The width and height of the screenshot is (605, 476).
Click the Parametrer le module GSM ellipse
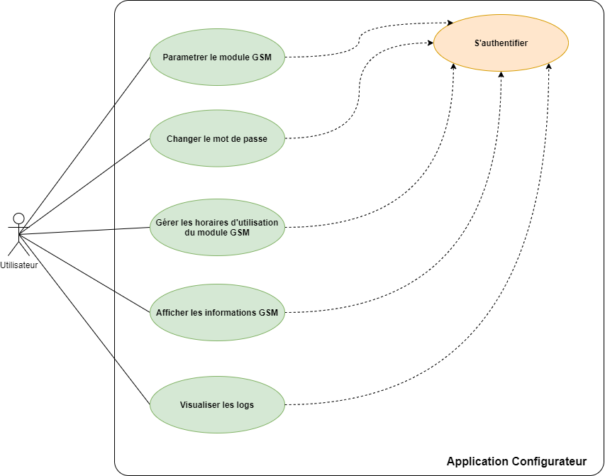(x=217, y=57)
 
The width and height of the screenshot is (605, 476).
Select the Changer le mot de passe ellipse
(x=217, y=138)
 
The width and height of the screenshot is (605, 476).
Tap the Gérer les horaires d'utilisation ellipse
(x=217, y=227)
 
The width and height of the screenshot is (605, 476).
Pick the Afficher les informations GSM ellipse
(x=217, y=312)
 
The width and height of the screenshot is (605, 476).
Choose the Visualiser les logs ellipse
(x=217, y=404)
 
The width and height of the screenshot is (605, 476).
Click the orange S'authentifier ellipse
(x=501, y=43)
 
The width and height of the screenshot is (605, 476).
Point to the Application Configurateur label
(x=516, y=462)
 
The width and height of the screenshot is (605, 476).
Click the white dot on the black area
(x=19, y=218)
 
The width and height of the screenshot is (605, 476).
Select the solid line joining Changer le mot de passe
(x=133, y=151)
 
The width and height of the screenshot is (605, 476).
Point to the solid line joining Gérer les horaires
(x=133, y=228)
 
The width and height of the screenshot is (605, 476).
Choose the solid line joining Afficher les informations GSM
(x=133, y=301)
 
